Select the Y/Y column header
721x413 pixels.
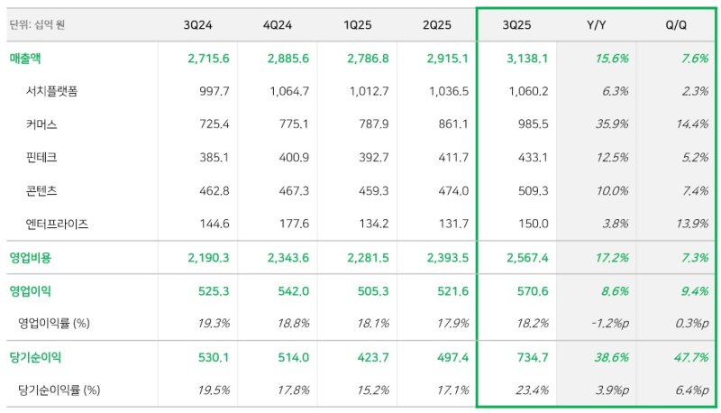pos(596,24)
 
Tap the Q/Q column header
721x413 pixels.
pos(675,24)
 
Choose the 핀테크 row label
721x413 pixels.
pos(42,157)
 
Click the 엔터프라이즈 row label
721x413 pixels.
pos(58,223)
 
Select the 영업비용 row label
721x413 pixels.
pos(32,258)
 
